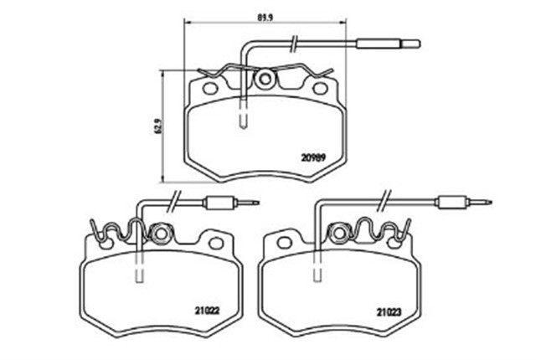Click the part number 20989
[x=313, y=157]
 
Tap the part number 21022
[x=208, y=311]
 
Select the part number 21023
[x=389, y=311]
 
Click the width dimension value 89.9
[x=265, y=17]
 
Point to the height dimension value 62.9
[x=158, y=126]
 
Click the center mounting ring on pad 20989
[x=265, y=80]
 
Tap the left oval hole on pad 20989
[x=210, y=89]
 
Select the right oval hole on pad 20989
[x=320, y=89]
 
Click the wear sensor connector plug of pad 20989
[x=389, y=44]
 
